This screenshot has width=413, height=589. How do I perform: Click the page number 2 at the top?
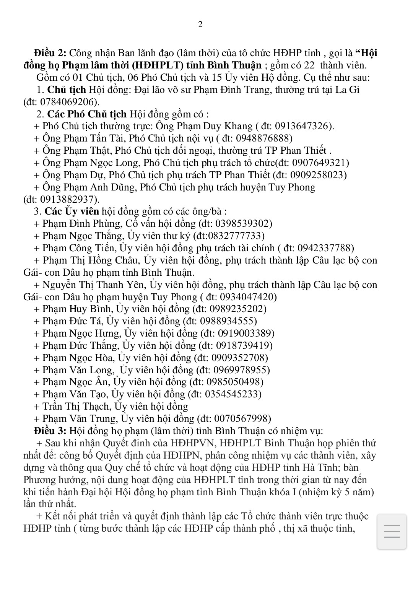pyautogui.click(x=200, y=25)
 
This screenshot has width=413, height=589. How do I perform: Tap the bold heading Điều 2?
pyautogui.click(x=50, y=53)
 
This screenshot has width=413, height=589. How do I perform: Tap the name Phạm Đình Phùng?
pyautogui.click(x=82, y=223)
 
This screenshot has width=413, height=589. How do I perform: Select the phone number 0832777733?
pyautogui.click(x=234, y=236)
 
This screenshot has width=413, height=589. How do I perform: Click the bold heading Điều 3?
pyautogui.click(x=50, y=431)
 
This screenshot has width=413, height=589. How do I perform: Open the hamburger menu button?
pyautogui.click(x=391, y=532)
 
